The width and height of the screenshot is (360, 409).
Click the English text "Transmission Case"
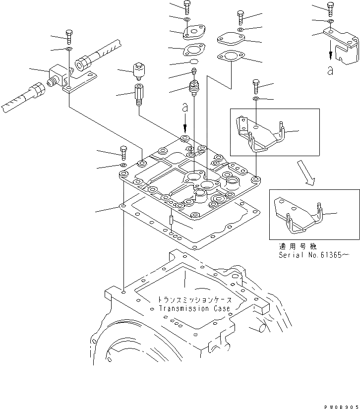tap(194, 308)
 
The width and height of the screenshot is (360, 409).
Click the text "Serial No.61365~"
tap(313, 254)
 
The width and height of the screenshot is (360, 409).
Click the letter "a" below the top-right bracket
tap(330, 70)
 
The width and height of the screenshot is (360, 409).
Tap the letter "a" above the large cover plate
tap(185, 107)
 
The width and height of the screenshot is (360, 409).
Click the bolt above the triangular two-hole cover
tap(187, 7)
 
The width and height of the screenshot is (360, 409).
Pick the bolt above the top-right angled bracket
tap(330, 7)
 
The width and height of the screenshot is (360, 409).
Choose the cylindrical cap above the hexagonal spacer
tap(137, 70)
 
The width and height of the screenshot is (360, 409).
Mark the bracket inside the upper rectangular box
tap(260, 133)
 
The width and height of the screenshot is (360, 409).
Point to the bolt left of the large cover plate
tap(123, 151)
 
